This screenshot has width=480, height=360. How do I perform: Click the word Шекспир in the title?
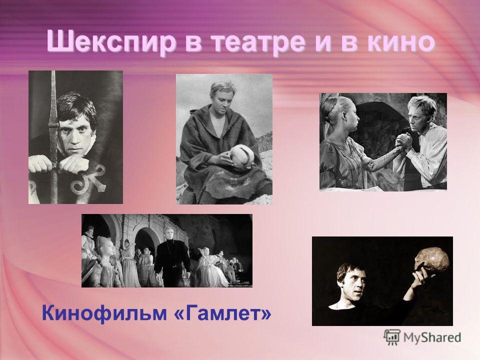tap(111, 42)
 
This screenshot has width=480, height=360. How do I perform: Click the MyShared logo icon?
tap(392, 337)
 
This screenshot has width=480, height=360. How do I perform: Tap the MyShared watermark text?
tap(432, 337)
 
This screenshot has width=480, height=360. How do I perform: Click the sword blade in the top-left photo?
tap(53, 134)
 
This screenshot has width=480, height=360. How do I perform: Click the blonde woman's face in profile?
tap(351, 118)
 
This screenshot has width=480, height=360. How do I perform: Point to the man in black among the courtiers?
tap(171, 256)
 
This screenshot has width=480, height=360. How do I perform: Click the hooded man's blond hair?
tap(220, 89)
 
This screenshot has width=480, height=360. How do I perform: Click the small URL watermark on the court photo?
tap(239, 285)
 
